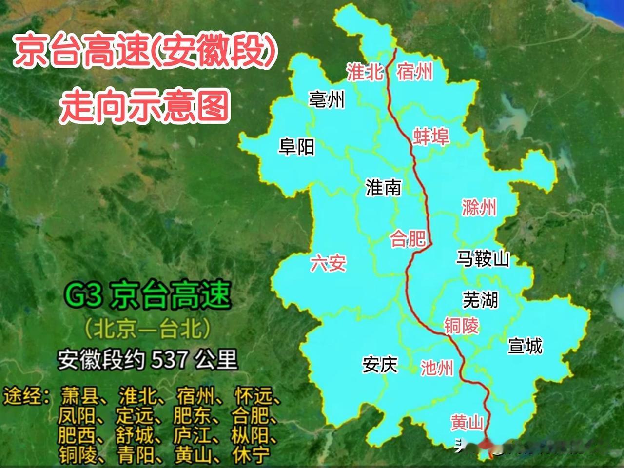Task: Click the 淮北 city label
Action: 365,72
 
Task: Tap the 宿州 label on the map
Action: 415,72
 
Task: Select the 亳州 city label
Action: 327,100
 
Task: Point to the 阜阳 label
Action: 296,146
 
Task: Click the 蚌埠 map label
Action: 430,136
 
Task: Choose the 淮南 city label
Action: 383,187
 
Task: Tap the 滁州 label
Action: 479,208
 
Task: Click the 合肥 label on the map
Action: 408,239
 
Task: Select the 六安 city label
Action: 329,264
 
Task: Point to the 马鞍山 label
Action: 483,258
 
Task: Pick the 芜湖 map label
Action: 480,299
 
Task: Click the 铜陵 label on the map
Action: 461,326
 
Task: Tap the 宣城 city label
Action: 525,346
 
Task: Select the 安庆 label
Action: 380,364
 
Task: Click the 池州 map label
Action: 437,368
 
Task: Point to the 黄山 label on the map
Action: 467,422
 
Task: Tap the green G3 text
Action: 83,294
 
